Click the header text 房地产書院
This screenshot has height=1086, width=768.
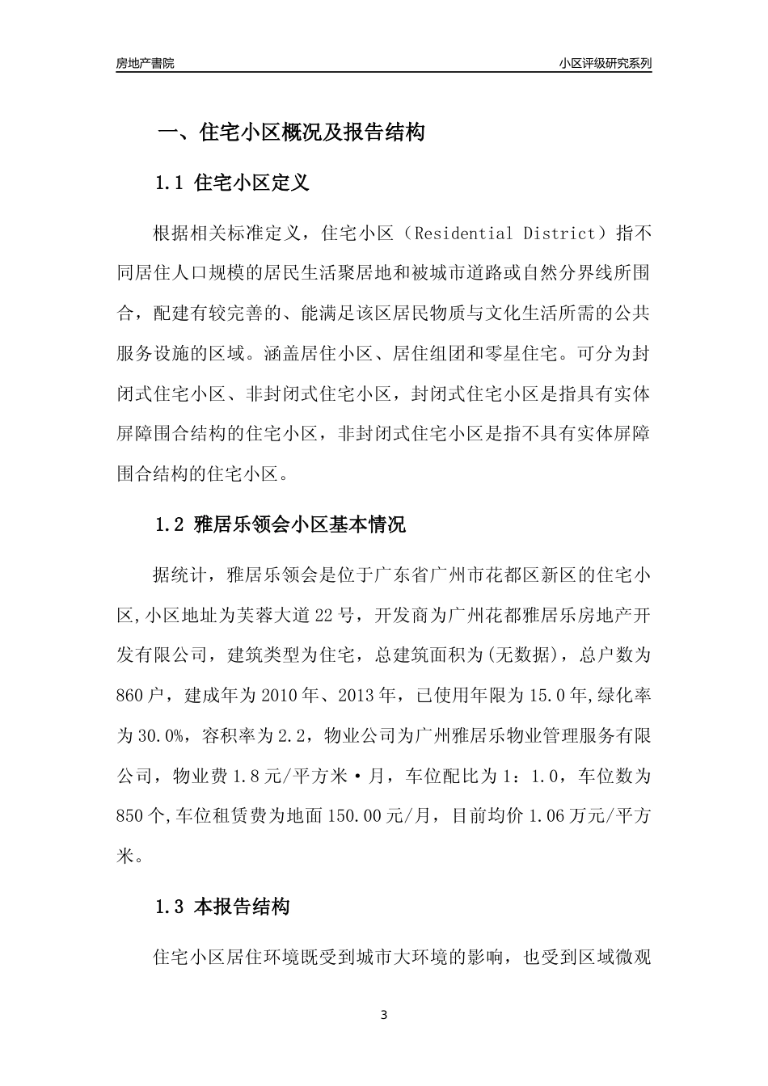145,63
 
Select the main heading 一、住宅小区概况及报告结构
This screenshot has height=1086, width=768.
290,133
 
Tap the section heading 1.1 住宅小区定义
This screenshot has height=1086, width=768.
232,183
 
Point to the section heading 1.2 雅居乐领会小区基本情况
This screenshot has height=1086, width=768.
280,525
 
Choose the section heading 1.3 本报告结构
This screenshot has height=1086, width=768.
222,907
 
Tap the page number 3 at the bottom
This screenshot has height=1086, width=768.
384,1015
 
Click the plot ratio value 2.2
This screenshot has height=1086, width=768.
289,735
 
